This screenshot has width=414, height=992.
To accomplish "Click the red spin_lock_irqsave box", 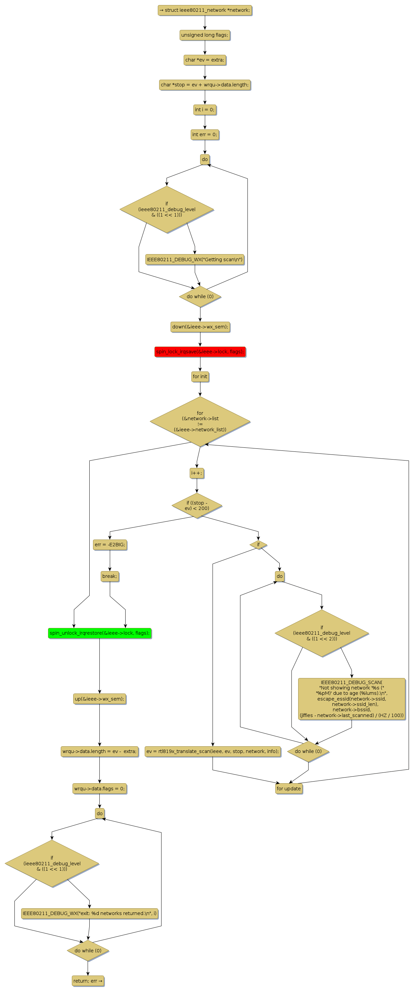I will [x=200, y=352].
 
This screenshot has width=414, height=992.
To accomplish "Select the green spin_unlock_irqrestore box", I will [x=100, y=633].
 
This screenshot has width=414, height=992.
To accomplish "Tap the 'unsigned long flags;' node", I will [x=205, y=35].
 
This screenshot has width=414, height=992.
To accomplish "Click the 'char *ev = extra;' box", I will [x=205, y=60].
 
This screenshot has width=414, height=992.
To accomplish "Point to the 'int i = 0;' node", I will [x=205, y=110].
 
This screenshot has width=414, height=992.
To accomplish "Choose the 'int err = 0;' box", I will [x=205, y=134].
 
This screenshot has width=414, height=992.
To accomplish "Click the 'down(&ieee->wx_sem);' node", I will [x=200, y=327].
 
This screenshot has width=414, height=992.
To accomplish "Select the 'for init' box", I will [x=200, y=376].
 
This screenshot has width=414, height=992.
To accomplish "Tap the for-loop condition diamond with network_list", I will [x=200, y=421].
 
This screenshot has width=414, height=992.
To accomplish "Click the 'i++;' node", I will [x=197, y=473].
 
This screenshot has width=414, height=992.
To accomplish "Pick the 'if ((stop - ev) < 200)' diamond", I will [x=197, y=505].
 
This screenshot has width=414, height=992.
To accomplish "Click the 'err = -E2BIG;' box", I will [x=110, y=545].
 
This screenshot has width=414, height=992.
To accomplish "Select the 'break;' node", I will [x=110, y=576].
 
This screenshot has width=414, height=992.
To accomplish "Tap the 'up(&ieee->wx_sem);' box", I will [x=100, y=699].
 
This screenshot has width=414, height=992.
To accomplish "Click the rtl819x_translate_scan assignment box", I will [x=213, y=751].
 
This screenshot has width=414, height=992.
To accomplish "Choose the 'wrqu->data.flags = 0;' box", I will [x=100, y=788].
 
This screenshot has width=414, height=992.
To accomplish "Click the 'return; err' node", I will [x=88, y=981].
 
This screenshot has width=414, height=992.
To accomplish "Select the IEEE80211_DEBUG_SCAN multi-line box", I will [x=352, y=699].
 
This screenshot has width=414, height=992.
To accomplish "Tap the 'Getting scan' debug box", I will [x=195, y=260].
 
